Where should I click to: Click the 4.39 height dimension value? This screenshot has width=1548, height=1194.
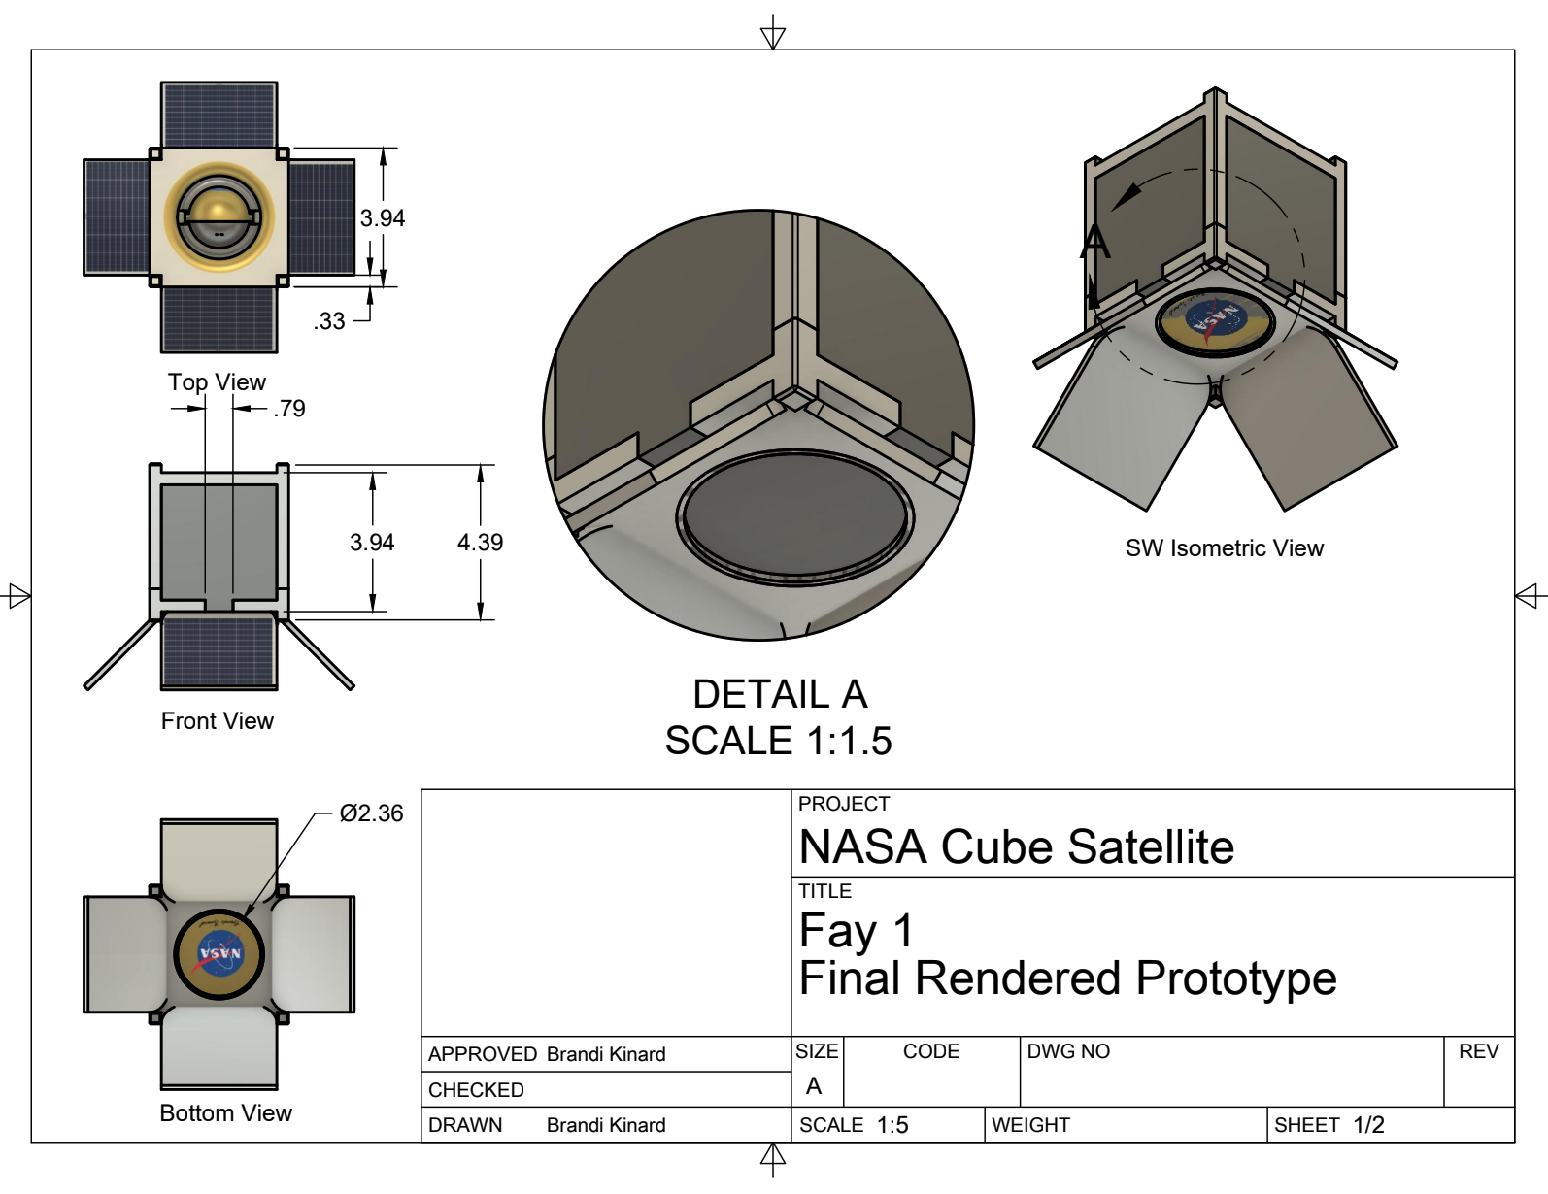coord(480,543)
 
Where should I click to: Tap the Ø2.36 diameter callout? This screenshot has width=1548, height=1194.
coord(371,813)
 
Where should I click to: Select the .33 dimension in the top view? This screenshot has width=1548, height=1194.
coord(329,321)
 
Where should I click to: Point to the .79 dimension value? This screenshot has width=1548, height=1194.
coord(289,409)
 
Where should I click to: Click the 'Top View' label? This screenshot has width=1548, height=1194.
coord(217,382)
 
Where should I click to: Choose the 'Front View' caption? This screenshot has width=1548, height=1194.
coord(218,720)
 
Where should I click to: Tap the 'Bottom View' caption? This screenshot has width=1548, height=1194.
coord(226,1112)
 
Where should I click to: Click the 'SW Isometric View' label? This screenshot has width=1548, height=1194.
coord(1225,548)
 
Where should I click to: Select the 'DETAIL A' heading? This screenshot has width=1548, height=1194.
coord(780,694)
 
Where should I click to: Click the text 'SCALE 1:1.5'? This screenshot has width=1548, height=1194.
coord(779,741)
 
